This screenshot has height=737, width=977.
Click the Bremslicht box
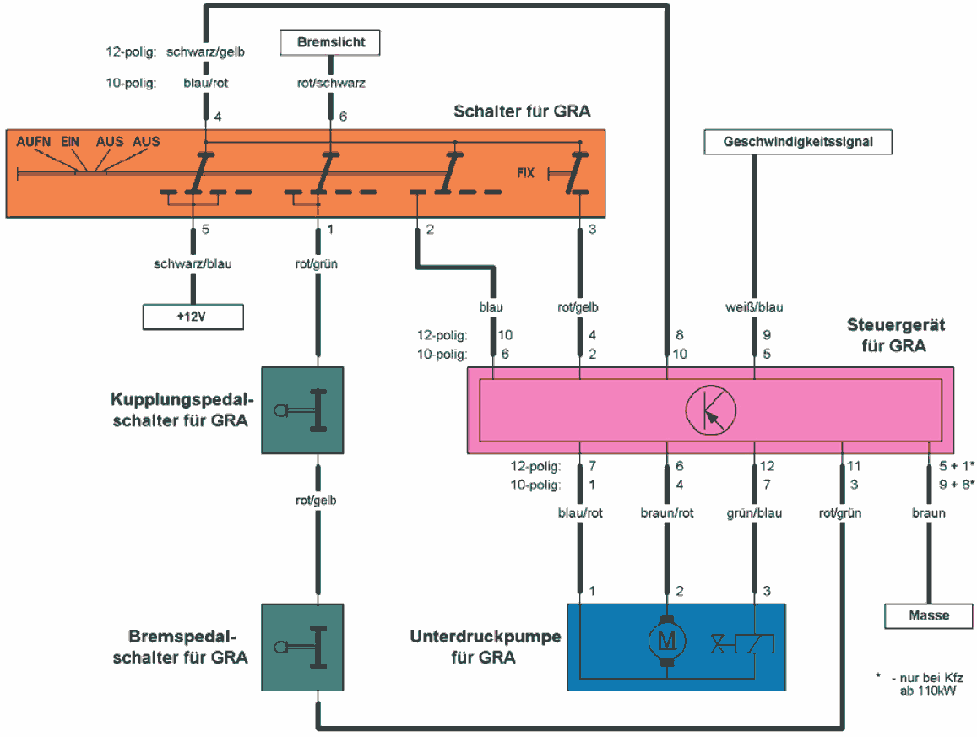330,41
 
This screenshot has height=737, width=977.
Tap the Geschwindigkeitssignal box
799,143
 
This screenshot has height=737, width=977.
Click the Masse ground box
929,615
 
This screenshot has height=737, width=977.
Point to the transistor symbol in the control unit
709,409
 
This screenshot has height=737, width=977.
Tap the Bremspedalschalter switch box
302,646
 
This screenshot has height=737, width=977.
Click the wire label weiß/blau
755,308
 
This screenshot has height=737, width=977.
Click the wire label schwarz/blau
193,263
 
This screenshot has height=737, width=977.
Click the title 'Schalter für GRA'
521,111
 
